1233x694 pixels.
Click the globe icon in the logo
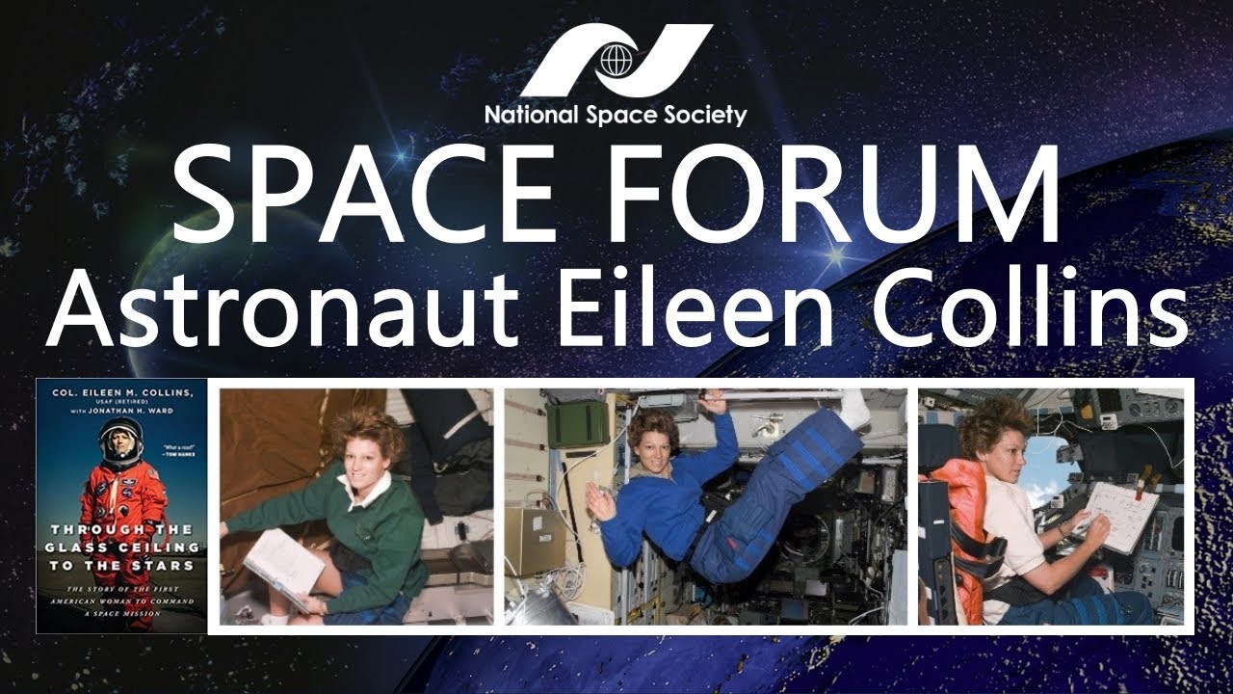[x=616, y=59]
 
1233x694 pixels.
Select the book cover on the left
[x=120, y=505]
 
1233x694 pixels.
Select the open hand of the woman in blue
[x=596, y=498]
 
